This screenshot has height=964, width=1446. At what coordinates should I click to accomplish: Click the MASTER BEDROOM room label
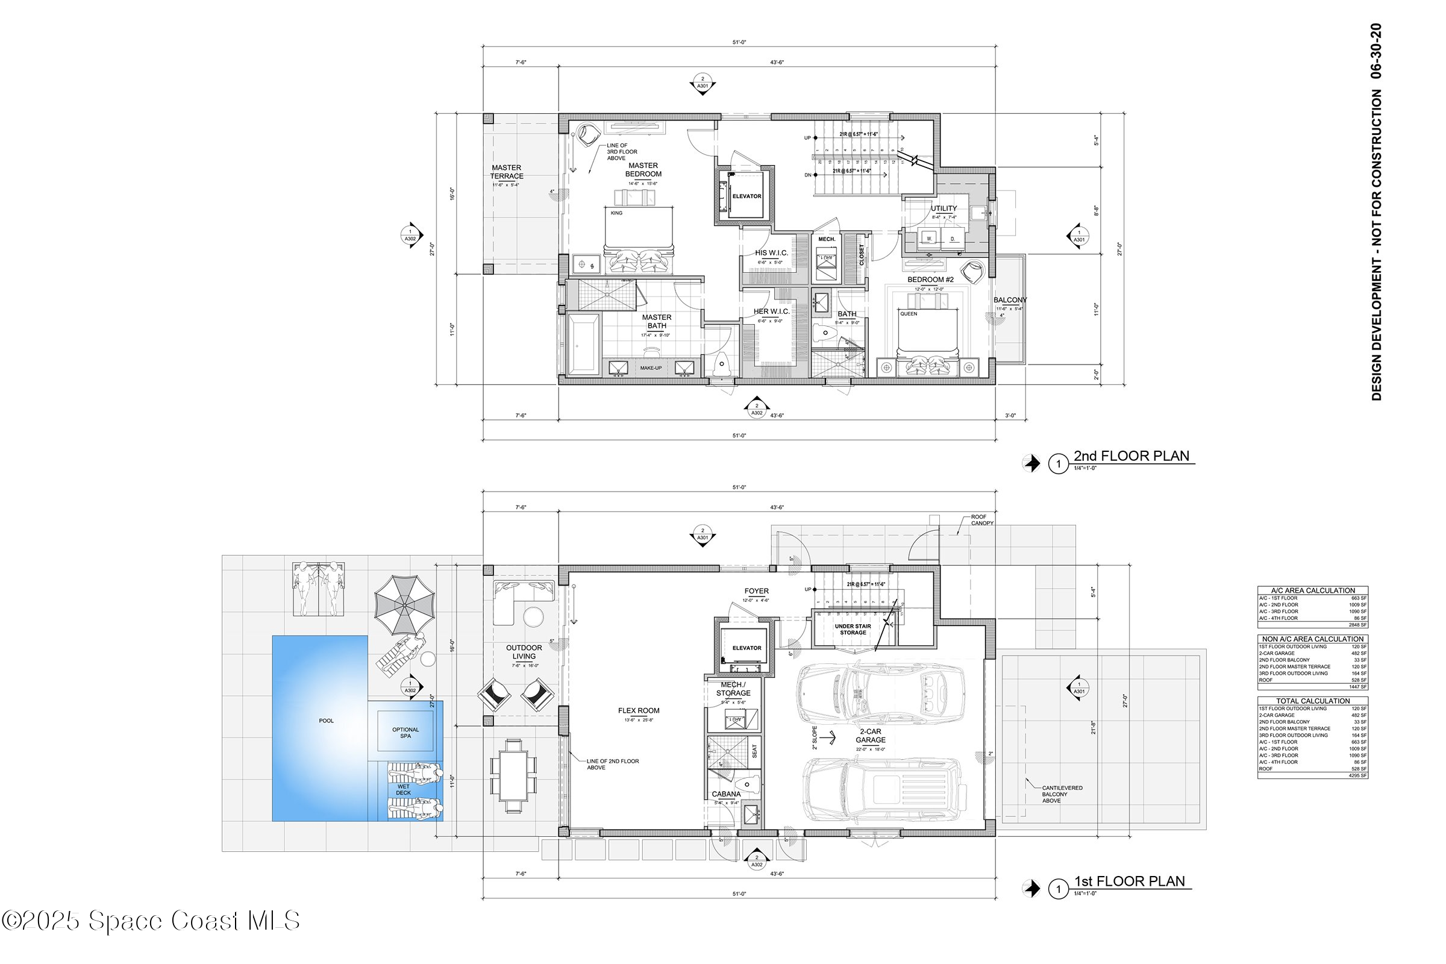coord(643,170)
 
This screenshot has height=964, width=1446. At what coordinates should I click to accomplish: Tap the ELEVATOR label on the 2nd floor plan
coord(746,196)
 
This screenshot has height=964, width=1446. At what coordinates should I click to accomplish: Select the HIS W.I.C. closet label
coord(771,252)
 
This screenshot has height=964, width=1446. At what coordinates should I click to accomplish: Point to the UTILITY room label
coord(943,208)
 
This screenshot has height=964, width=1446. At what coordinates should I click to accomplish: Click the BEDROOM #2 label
coord(930,280)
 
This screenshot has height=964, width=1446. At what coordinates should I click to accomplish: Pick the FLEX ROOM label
coord(638,711)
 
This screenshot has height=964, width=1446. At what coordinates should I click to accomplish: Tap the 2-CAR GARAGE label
coord(870,736)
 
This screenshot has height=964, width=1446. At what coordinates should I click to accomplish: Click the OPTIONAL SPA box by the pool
coord(405,732)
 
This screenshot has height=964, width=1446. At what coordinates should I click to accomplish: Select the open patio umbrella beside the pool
coord(404,605)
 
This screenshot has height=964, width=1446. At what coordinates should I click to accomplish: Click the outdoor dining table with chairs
coord(513,777)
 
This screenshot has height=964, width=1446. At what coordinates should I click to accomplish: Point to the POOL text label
coord(326,721)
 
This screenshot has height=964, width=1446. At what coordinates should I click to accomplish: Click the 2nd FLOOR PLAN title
coord(1131,456)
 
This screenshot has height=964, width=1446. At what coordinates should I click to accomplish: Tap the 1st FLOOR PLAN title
coord(1128,881)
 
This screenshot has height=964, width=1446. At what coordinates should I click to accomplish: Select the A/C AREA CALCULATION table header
coord(1313,590)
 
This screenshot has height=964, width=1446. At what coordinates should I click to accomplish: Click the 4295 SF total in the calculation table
coord(1357,776)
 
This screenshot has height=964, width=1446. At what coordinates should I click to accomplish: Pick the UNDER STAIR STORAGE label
coord(853,629)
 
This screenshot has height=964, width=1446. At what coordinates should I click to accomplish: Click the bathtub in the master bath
coord(583,344)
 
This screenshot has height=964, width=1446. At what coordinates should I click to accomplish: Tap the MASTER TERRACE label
coord(506,172)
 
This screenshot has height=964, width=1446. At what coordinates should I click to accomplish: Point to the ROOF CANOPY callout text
coord(982,520)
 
